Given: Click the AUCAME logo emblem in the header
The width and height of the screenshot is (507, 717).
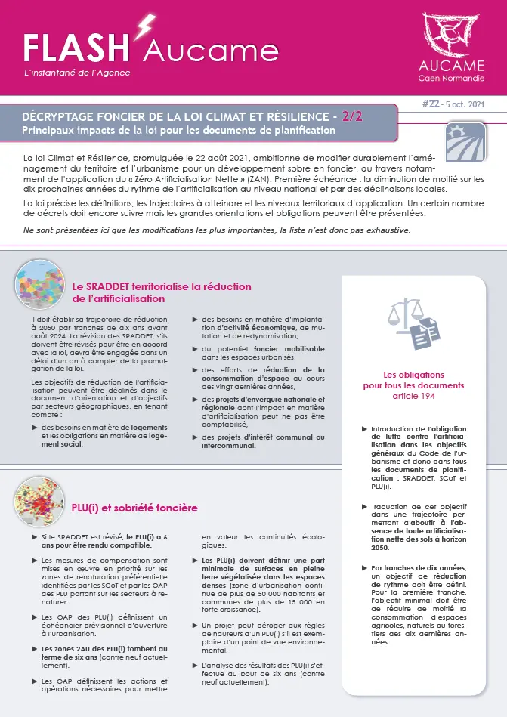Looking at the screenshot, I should (451, 33).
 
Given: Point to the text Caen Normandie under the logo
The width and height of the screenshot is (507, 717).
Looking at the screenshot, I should (452, 78).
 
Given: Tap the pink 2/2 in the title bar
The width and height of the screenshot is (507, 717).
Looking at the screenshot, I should (352, 116).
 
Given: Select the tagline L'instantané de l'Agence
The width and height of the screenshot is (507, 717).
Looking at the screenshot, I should (78, 73).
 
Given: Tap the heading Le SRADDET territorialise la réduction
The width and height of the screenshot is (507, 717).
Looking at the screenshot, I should (162, 287).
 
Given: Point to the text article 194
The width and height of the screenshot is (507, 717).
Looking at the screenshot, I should (413, 396).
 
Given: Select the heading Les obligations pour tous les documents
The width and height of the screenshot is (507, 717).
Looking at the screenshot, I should (413, 379).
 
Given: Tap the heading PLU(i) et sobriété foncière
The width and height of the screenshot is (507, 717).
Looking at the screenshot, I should (134, 508).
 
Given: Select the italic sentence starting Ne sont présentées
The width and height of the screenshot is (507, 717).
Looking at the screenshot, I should (217, 230).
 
